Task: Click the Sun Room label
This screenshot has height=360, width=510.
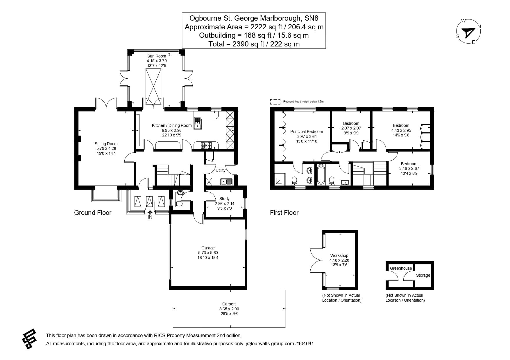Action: click(157, 56)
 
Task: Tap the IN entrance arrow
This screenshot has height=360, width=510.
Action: click(150, 213)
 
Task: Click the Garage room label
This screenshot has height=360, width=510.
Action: click(208, 248)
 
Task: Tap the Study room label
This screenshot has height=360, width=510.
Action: click(224, 199)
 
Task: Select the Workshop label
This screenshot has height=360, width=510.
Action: click(339, 255)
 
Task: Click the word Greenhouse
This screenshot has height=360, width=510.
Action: click(401, 268)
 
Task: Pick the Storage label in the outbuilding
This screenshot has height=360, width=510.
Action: click(423, 275)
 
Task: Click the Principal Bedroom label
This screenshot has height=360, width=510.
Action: click(307, 132)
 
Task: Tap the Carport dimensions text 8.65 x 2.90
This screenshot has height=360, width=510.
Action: click(229, 309)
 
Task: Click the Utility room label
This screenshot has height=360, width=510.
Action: click(220, 170)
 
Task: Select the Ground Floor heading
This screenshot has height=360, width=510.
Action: click(93, 213)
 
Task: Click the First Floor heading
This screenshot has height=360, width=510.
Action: click(284, 213)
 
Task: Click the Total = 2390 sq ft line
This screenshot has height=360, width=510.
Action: click(254, 44)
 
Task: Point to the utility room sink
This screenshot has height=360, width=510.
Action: click(226, 182)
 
